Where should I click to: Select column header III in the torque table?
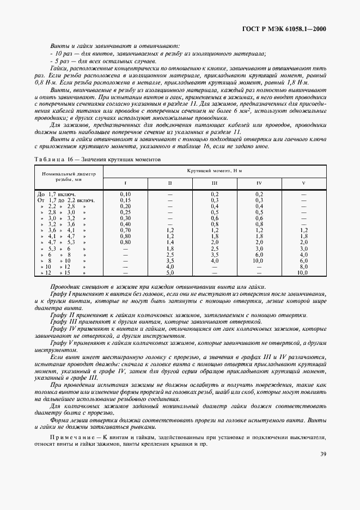(215, 183)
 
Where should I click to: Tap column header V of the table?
(303, 183)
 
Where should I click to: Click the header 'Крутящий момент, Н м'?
(214, 171)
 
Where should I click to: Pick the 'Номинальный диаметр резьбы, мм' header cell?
(66, 176)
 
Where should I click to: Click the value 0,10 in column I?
(125, 194)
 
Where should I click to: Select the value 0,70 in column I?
(125, 230)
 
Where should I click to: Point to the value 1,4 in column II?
(170, 242)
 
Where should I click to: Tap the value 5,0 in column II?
(170, 272)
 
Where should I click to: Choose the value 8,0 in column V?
(303, 266)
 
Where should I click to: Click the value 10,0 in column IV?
(259, 260)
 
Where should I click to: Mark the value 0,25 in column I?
(125, 212)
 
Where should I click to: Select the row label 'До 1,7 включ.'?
(56, 194)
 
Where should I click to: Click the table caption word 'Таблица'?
(50, 159)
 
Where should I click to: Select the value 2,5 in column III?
(215, 248)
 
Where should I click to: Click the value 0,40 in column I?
(125, 224)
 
